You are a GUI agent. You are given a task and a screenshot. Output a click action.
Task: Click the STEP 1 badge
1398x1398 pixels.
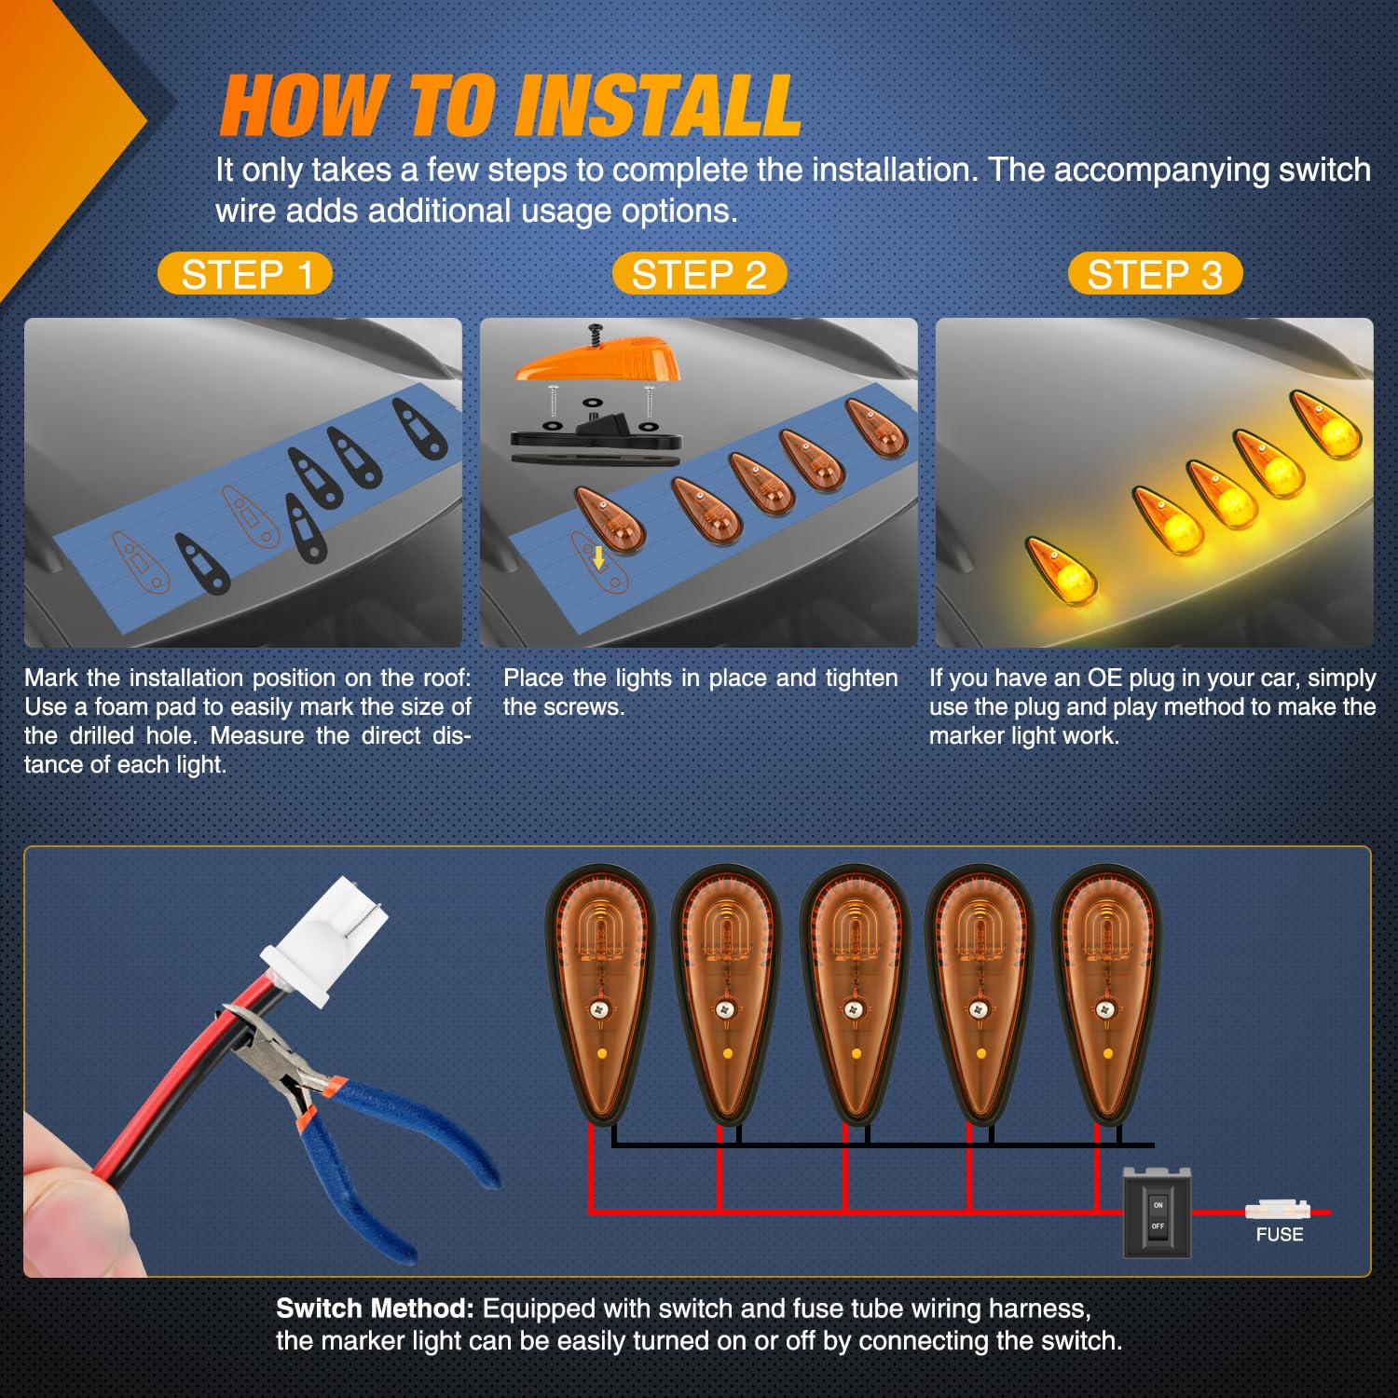pos(245,274)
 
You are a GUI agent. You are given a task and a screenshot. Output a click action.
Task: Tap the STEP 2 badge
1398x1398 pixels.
pos(699,274)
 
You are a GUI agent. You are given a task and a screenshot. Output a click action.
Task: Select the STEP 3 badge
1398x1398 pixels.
pos(1155,274)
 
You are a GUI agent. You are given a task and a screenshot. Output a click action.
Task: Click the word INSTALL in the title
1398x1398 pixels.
pos(658,106)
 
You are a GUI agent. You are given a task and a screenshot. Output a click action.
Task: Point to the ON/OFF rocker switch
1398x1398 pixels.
pos(1157,1212)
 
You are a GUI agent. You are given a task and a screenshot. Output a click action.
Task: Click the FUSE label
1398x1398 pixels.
pos(1280,1235)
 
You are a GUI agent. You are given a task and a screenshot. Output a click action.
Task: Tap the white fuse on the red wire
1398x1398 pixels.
pos(1278,1210)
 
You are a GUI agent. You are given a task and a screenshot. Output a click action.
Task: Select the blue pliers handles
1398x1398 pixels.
pos(391,1156)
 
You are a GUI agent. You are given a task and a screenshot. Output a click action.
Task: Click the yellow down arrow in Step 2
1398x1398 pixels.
pos(598,557)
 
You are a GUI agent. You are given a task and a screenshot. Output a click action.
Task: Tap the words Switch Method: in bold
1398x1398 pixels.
pos(376,1309)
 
